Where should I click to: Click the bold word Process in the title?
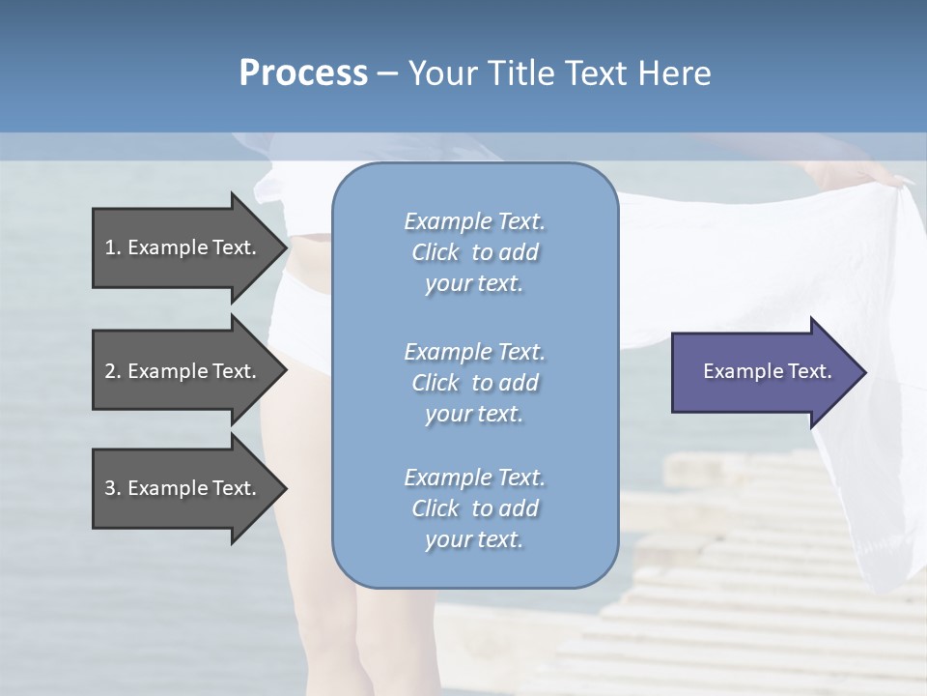click(303, 73)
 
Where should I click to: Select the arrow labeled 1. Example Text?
click(183, 247)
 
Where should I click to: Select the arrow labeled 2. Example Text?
click(183, 371)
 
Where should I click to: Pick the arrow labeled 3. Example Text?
click(183, 488)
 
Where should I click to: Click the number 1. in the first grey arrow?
click(113, 247)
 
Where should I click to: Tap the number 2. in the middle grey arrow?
click(113, 371)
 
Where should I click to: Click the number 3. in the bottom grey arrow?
click(113, 488)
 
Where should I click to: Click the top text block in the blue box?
click(474, 252)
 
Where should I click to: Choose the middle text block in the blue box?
click(474, 383)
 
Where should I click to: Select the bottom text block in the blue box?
click(474, 508)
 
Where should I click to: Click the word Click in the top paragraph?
click(435, 252)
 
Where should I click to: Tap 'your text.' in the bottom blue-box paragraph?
click(474, 539)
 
